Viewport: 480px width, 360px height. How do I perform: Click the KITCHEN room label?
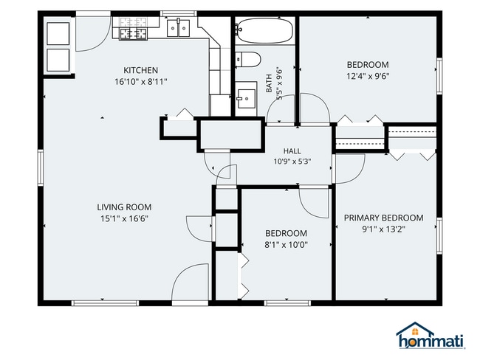tap(141, 70)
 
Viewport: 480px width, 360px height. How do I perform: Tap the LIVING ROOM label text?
tap(124, 207)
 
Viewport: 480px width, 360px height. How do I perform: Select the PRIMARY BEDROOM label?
tap(384, 218)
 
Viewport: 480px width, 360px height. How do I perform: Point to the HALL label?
tap(292, 150)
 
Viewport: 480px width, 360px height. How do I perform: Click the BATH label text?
tap(269, 83)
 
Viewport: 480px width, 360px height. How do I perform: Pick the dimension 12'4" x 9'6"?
tap(368, 76)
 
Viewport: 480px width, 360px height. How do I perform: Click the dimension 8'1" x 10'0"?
tap(286, 245)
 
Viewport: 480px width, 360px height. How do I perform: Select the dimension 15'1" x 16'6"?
tap(124, 218)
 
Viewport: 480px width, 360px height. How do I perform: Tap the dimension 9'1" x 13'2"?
tap(384, 229)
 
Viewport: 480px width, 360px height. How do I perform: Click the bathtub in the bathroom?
tap(265, 30)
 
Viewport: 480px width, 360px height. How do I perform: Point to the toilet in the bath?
tap(248, 59)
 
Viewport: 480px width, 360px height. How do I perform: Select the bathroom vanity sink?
tap(246, 99)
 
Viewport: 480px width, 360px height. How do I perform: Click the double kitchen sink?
tap(178, 29)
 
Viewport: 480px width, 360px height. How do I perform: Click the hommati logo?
tap(431, 336)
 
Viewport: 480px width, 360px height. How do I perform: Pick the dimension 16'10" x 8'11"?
tap(141, 82)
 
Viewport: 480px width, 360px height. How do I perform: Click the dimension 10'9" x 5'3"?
tap(292, 162)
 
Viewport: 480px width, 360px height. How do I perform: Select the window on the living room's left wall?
tap(41, 167)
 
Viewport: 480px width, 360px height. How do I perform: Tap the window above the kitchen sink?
tap(179, 13)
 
